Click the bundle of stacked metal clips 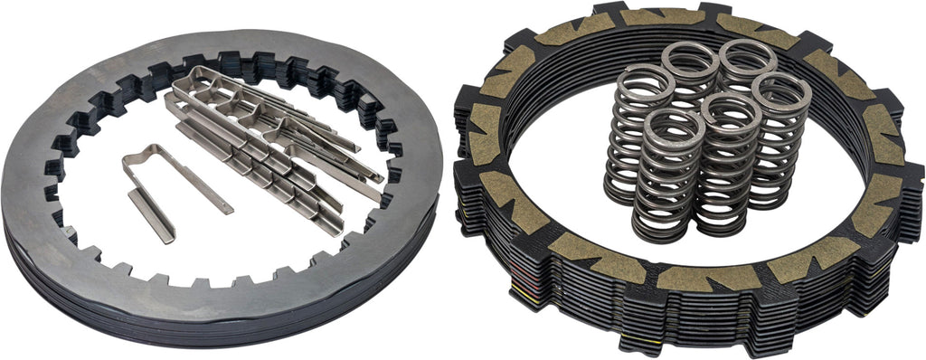point(271,145)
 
